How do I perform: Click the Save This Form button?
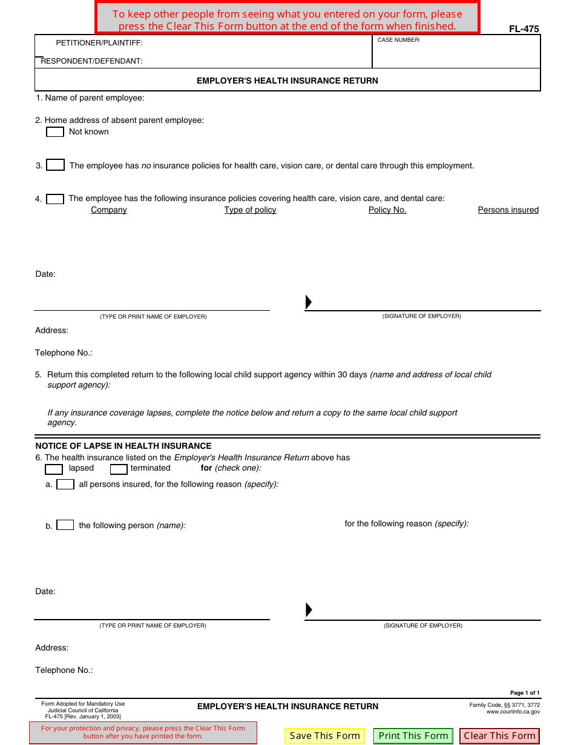(x=325, y=736)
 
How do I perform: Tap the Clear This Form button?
(x=499, y=736)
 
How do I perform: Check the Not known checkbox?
(x=55, y=132)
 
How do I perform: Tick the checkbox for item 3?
(x=56, y=165)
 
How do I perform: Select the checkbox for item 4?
(x=55, y=199)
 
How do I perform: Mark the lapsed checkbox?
(x=54, y=469)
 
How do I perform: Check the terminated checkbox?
(x=119, y=469)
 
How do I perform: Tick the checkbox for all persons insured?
(x=65, y=485)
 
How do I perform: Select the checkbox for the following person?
(x=65, y=525)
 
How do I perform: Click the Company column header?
(x=109, y=210)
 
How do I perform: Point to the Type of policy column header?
(x=250, y=210)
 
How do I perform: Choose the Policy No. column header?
(x=387, y=210)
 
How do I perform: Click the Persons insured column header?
(x=508, y=210)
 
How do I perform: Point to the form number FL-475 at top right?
(x=524, y=29)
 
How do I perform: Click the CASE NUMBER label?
(x=399, y=40)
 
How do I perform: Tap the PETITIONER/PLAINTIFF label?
(x=99, y=43)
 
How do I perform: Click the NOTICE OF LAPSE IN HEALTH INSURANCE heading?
(x=123, y=446)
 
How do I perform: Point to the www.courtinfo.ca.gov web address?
(x=513, y=712)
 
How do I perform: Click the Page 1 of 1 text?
(x=524, y=693)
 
